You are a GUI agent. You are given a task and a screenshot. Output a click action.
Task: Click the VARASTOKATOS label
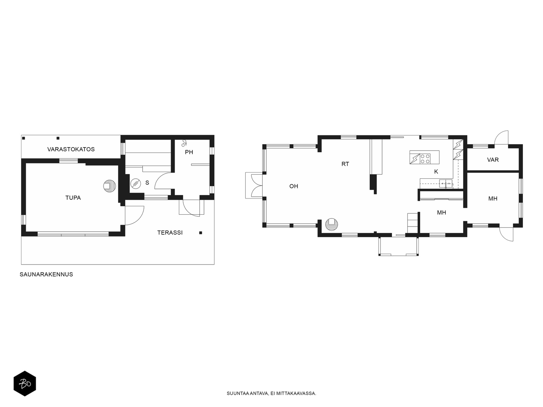(71, 149)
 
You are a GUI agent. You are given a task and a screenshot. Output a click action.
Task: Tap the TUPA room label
(73, 198)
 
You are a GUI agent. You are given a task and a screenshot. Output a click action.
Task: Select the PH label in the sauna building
(189, 152)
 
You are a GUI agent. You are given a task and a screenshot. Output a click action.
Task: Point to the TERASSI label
(170, 233)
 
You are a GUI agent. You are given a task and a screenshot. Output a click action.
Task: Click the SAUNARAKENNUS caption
(46, 274)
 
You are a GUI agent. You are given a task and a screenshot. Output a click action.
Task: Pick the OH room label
(294, 186)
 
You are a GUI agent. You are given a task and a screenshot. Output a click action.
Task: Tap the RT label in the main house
(345, 164)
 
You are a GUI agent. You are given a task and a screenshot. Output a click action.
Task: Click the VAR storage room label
(493, 160)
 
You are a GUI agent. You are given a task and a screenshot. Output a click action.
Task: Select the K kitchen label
(436, 172)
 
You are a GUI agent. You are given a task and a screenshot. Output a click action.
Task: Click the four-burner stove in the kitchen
(425, 159)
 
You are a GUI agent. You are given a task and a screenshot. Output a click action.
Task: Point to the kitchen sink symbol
(446, 183)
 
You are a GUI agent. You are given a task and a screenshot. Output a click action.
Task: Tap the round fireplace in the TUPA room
(110, 186)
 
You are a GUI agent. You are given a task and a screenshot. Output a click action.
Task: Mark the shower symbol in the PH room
(184, 143)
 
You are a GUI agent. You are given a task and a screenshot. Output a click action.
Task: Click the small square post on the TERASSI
(201, 233)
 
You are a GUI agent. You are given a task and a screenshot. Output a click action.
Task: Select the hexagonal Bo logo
(25, 384)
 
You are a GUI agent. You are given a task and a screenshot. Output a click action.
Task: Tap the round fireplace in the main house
(332, 225)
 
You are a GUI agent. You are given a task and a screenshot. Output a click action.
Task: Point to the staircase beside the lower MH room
(413, 223)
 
